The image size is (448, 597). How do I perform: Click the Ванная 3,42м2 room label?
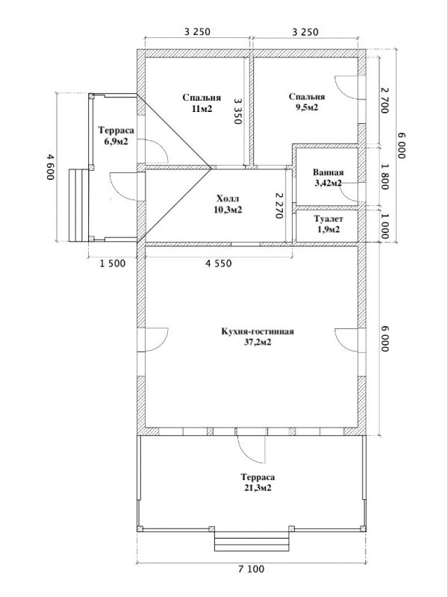pos(328,178)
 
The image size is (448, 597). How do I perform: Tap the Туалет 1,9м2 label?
pos(329,225)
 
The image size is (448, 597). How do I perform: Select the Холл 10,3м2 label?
pos(228,204)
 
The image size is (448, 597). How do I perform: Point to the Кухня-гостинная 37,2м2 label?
pos(258,337)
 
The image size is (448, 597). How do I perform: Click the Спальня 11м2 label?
pos(202,103)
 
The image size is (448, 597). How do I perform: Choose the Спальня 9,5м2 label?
pos(307,101)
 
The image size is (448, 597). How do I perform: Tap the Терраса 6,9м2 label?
pos(116,136)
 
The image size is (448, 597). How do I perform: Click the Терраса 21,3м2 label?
pos(258,482)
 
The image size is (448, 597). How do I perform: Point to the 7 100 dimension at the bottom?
pos(251,569)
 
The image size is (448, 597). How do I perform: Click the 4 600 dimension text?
pos(51,167)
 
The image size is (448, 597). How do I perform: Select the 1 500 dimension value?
pos(113,263)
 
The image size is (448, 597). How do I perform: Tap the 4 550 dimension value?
pos(219,263)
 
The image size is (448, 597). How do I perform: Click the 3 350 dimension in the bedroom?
pos(238,111)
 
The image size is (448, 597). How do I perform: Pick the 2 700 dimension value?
pos(385,100)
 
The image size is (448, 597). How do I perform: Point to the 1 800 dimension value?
pos(385,177)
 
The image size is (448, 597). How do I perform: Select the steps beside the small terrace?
pos(78,206)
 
